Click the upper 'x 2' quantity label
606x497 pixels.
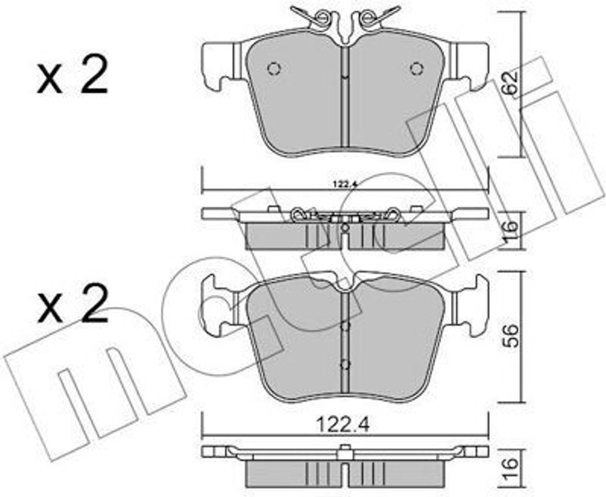pos(72,76)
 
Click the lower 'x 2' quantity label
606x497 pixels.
pos(72,305)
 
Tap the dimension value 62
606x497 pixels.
pos(510,83)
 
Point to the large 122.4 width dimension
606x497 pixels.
pos(343,425)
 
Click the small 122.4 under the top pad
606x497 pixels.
pos(344,184)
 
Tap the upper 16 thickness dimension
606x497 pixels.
pos(511,230)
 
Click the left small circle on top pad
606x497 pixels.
pos(274,69)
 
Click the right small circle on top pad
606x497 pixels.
pos(417,69)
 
